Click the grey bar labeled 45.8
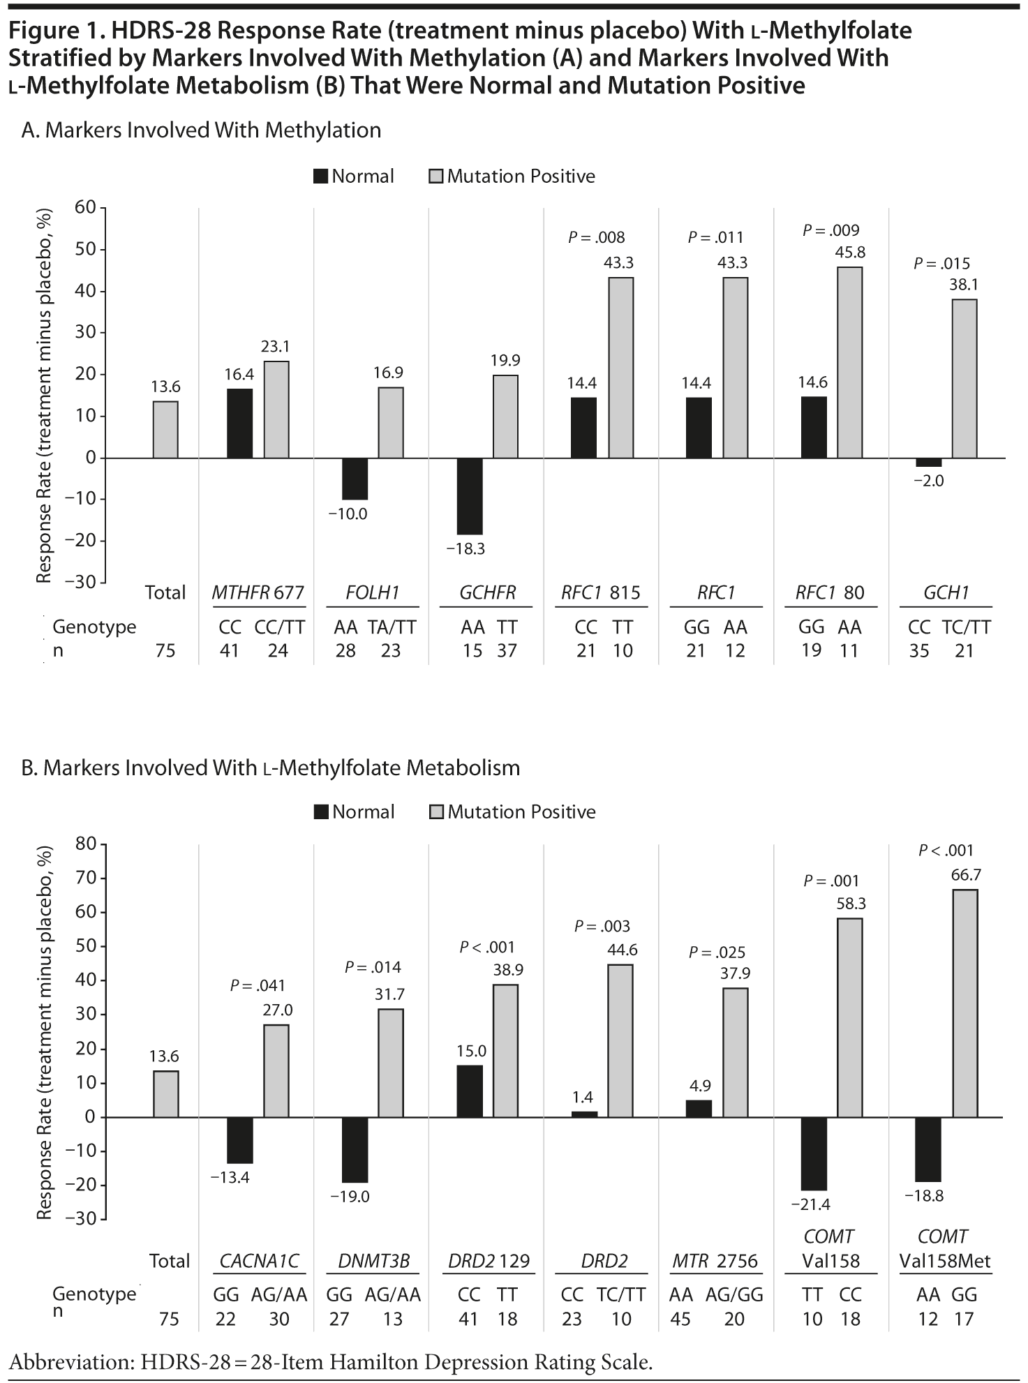pos(849,362)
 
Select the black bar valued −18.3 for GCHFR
pos(470,495)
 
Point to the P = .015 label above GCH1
pos(941,264)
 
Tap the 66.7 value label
pos(966,874)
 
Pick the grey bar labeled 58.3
pos(849,1017)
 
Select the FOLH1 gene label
pos(373,592)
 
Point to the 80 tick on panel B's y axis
pos(85,844)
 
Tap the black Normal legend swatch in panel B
pos(321,812)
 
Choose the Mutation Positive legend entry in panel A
pos(512,177)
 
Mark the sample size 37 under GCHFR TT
pos(507,650)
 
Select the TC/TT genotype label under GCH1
pos(966,627)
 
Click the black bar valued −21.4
pos(814,1153)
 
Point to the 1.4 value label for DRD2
pos(583,1098)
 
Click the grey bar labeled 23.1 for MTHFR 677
pos(276,410)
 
